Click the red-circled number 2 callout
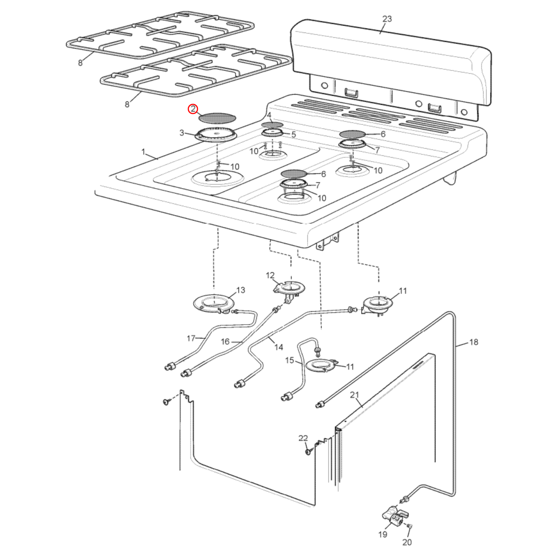[x=193, y=109]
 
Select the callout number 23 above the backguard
[x=387, y=19]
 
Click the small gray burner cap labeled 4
[x=272, y=125]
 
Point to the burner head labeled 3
[x=216, y=135]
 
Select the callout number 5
[x=294, y=135]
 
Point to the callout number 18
[x=473, y=342]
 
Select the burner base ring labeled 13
[x=214, y=303]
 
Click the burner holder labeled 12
[x=289, y=288]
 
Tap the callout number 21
[x=354, y=395]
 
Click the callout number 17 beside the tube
[x=191, y=338]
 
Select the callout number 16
[x=225, y=342]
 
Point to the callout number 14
[x=279, y=347]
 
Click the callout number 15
[x=289, y=360]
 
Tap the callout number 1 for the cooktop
[x=143, y=152]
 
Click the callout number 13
[x=241, y=290]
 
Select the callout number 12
[x=270, y=275]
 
